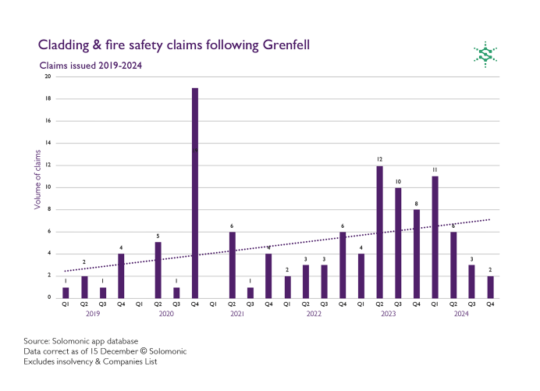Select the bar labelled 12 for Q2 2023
(379, 232)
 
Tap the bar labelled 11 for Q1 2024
(435, 237)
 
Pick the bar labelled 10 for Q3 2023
(398, 243)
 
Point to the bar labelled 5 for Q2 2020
(158, 270)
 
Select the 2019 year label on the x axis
(93, 314)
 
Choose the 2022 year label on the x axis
(314, 314)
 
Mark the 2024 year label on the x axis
(461, 314)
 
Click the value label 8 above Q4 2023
(417, 203)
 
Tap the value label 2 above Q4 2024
(490, 269)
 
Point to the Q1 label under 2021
(213, 304)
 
